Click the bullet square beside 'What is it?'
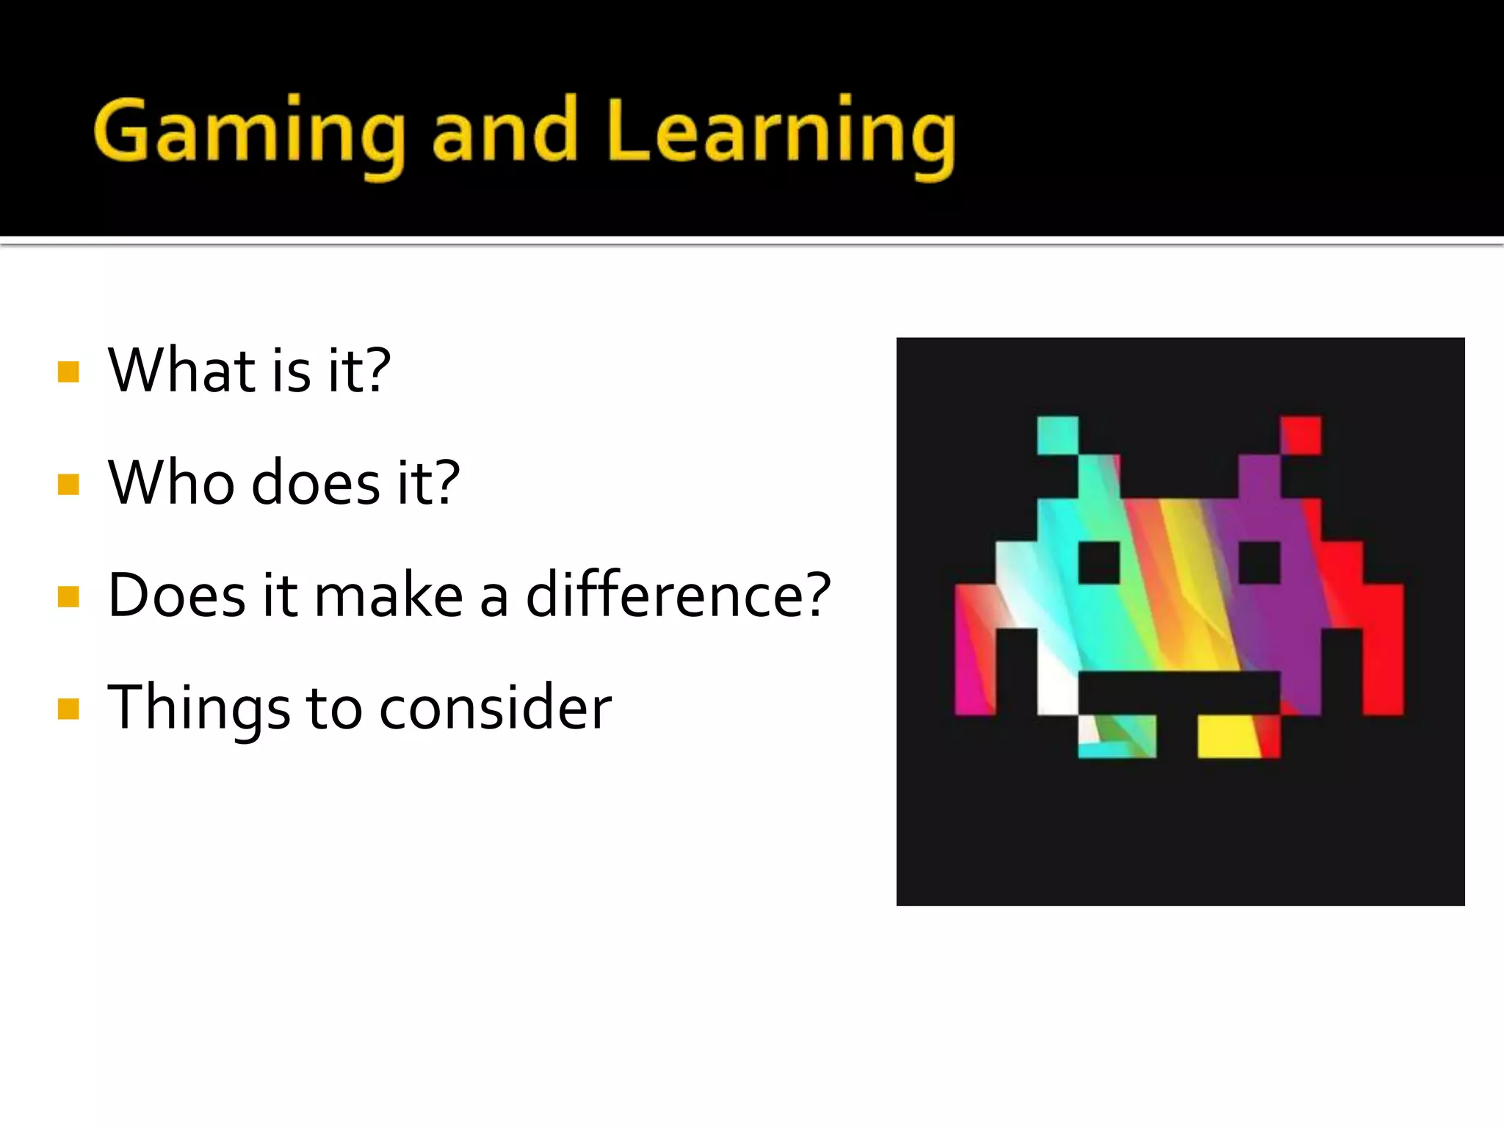68,372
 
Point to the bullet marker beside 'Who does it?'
68,484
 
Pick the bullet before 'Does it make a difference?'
68,596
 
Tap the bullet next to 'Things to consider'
68,709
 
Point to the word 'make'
388,595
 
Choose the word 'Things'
198,707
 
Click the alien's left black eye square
1099,563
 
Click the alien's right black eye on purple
1259,563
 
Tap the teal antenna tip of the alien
1057,435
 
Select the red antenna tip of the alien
1301,435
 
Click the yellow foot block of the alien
1228,736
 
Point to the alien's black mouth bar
1179,692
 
